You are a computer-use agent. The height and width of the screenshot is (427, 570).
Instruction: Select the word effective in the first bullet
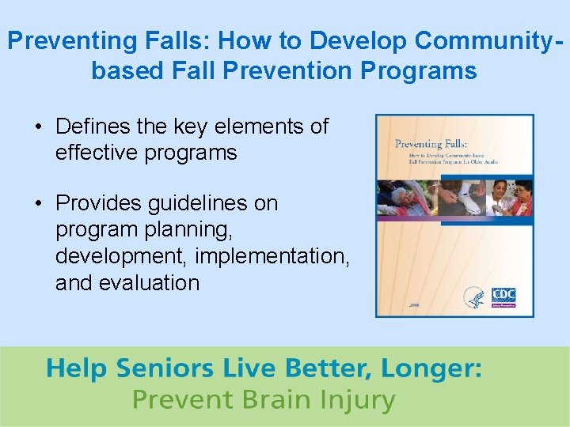[x=97, y=152]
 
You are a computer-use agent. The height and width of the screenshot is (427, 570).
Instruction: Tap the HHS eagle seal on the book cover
[x=474, y=298]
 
